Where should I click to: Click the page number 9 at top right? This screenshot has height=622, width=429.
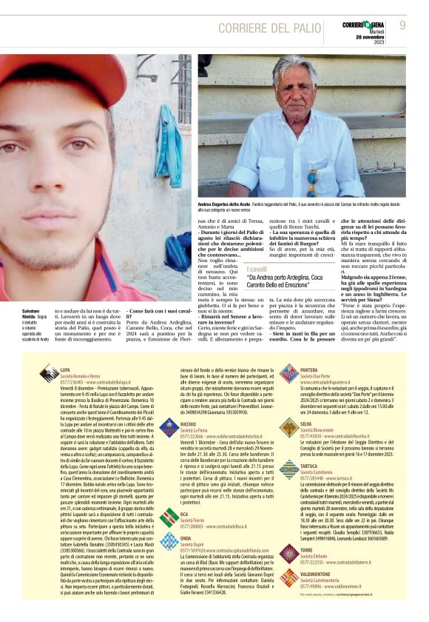[x=402, y=25]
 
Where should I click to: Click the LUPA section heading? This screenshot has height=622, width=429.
[x=65, y=367]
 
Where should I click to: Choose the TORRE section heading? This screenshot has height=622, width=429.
[x=307, y=551]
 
